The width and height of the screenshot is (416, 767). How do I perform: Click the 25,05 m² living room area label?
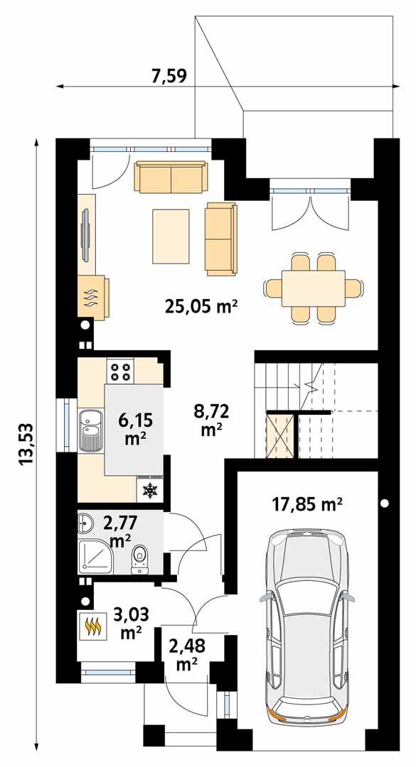click(201, 307)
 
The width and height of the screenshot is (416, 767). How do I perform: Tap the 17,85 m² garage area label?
click(307, 504)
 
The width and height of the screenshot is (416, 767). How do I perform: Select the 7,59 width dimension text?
click(169, 75)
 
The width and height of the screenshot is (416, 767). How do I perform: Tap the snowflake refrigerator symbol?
click(149, 489)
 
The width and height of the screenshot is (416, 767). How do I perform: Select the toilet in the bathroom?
click(140, 557)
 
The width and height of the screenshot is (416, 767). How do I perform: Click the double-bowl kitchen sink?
click(90, 429)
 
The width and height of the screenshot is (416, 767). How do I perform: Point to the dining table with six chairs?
click(313, 288)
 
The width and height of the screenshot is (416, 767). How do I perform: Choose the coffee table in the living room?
click(171, 236)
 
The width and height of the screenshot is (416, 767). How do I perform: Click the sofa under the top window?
click(171, 177)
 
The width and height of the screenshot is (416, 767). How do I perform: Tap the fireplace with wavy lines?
click(92, 296)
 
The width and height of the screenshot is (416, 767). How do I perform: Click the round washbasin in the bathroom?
click(84, 526)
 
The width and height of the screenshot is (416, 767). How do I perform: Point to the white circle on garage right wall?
click(385, 504)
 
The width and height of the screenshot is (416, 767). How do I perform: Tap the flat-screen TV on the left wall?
click(84, 234)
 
